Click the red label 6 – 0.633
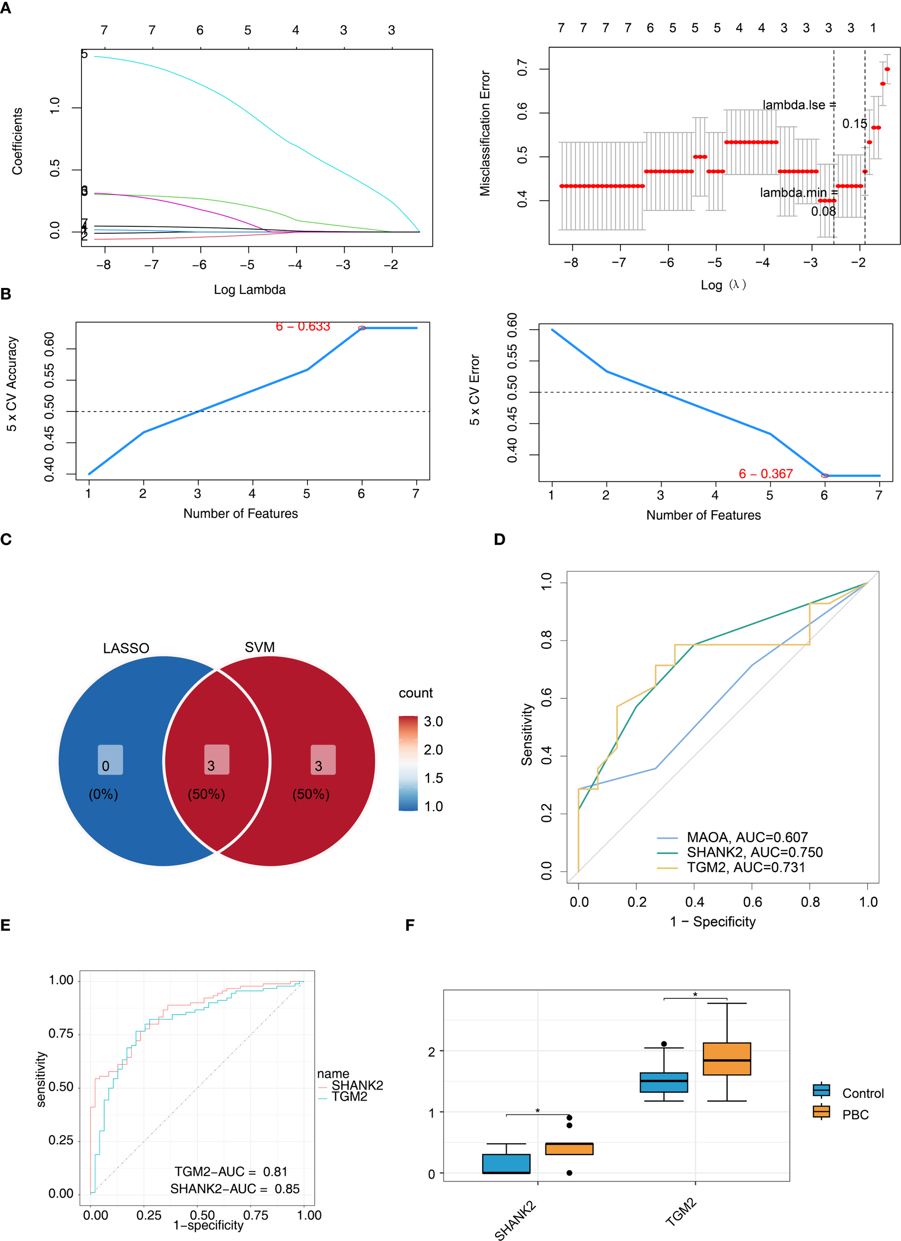coord(302,327)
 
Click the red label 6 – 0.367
coord(765,474)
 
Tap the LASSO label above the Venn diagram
coord(126,648)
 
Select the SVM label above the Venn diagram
coord(259,647)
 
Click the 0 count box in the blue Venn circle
coord(110,759)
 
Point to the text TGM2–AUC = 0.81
coord(230,1172)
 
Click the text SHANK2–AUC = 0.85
coord(234,1188)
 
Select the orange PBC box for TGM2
coord(726,1059)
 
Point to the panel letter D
coord(499,540)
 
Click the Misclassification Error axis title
coord(485,133)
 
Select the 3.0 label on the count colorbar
coord(433,721)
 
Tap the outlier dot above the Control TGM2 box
coord(664,1044)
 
